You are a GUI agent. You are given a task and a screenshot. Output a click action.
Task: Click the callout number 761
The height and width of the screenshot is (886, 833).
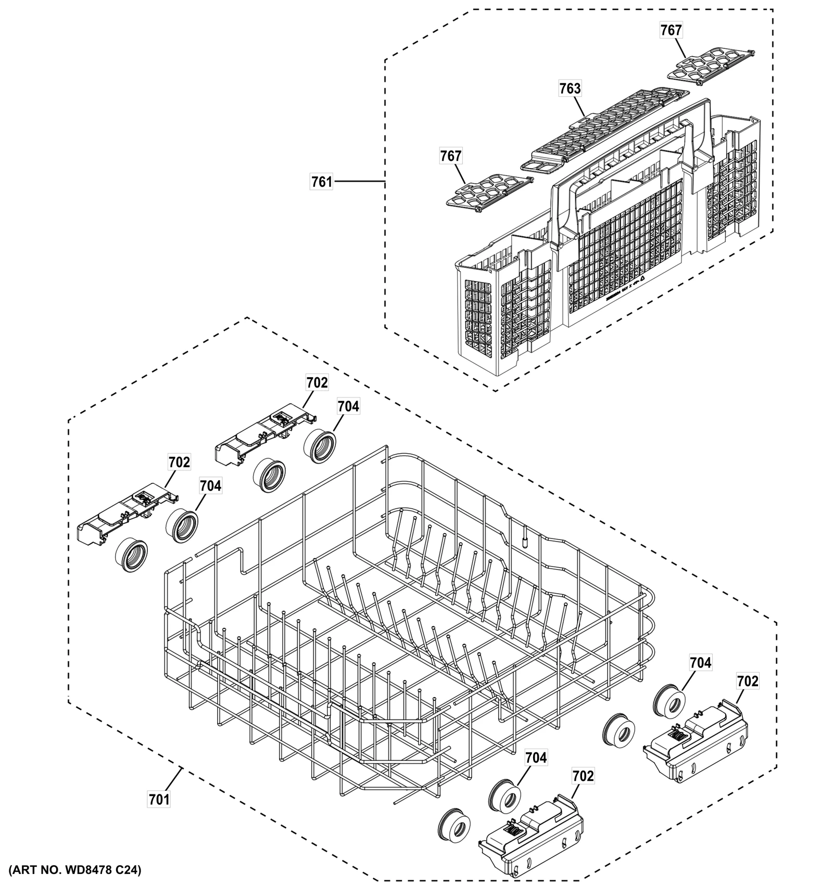[x=322, y=182]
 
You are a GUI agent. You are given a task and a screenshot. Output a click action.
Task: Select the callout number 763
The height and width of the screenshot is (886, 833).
[x=570, y=88]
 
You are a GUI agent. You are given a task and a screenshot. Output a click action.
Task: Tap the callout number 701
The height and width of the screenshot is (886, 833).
[x=159, y=799]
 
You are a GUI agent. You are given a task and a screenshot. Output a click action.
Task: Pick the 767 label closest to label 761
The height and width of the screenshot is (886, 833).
[x=451, y=156]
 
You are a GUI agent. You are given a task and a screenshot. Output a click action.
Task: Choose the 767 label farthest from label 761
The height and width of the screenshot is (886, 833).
[x=671, y=31]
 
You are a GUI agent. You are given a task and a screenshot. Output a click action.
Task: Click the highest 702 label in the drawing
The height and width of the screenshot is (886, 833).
[x=317, y=382]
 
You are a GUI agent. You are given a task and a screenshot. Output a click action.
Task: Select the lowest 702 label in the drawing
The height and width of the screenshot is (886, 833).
[x=583, y=776]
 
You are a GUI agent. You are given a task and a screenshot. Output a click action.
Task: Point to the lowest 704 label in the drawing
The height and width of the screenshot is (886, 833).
[x=536, y=758]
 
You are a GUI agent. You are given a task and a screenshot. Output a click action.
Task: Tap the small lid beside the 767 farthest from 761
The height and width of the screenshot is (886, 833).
[x=716, y=65]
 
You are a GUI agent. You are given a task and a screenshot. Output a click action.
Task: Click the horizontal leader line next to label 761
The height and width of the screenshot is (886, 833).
[x=359, y=182]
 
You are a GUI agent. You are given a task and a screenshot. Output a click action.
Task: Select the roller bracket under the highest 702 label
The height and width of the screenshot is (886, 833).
[x=266, y=437]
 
